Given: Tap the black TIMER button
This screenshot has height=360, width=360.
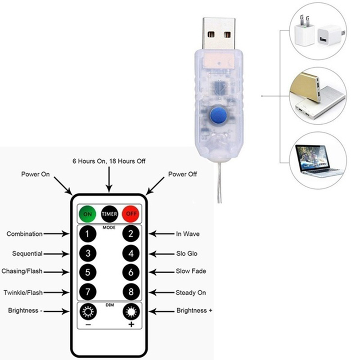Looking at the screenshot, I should point(109,213).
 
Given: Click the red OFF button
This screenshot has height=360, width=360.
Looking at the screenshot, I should point(131,213).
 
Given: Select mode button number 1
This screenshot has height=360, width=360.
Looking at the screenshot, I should point(88,234).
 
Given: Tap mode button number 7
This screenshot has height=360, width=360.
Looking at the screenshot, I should point(88,292).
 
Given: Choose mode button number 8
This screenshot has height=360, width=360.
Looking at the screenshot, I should point(131,292).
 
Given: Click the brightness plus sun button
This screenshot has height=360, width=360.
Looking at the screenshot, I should point(131,311).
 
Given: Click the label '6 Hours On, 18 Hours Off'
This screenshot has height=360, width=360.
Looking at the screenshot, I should point(109,161).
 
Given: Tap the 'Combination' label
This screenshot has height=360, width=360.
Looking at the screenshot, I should point(25,234).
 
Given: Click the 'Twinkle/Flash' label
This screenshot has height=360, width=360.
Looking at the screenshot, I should point(23,292).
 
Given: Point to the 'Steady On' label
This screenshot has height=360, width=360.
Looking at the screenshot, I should point(191,292).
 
